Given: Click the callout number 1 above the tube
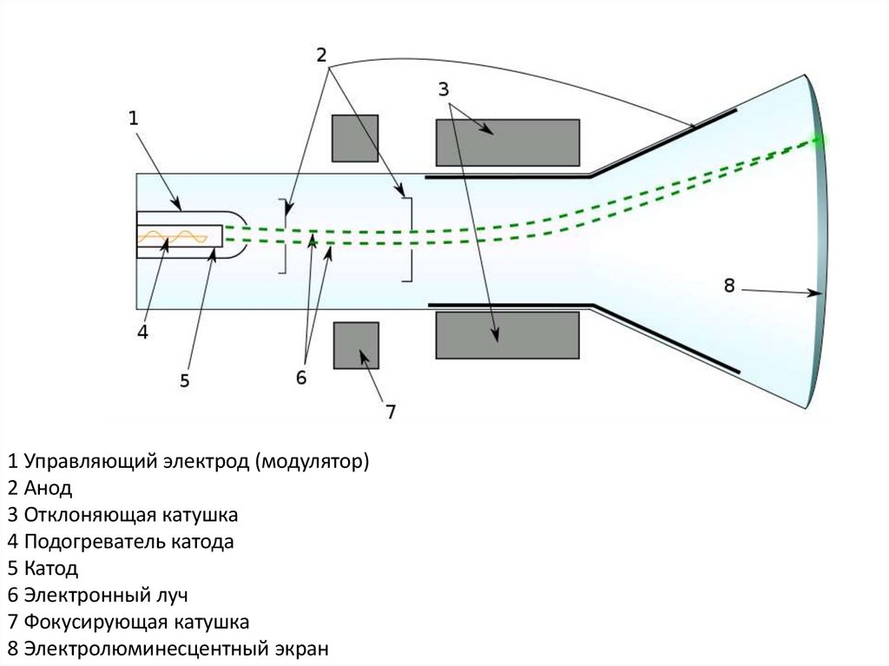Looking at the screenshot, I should (134, 117).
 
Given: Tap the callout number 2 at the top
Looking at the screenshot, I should (321, 55).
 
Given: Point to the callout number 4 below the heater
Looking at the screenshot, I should (142, 331).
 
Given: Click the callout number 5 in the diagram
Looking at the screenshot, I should (184, 379).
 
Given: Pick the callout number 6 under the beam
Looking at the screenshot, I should (301, 377).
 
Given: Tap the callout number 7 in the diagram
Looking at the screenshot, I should (390, 411).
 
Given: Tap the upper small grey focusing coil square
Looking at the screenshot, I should (354, 138).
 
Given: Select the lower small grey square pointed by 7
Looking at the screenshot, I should (356, 346).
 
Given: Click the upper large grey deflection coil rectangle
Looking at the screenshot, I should (507, 142).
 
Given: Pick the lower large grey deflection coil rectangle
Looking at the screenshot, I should (507, 334).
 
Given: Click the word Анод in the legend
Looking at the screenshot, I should (49, 488).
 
